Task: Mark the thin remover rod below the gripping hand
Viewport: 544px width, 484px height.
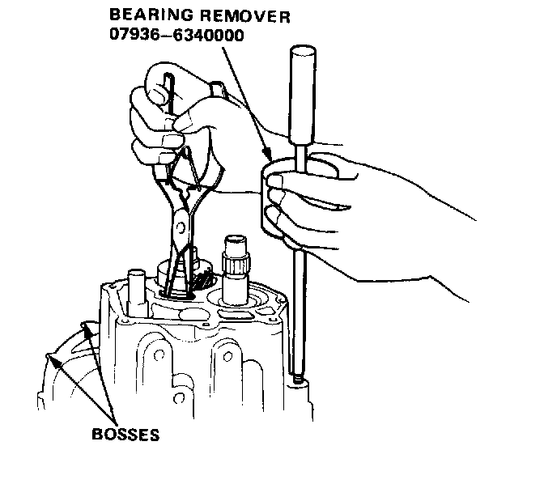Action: [x=298, y=308]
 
